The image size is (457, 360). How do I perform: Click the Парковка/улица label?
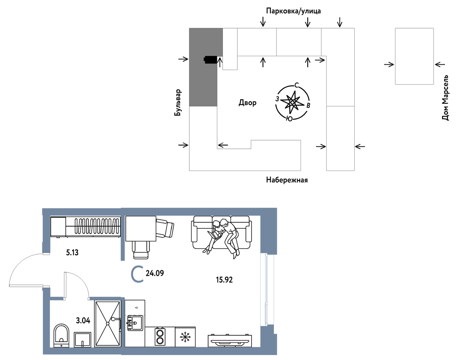pyautogui.click(x=293, y=11)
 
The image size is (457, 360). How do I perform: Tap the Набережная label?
pyautogui.click(x=287, y=180)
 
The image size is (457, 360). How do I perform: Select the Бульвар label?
pyautogui.click(x=177, y=103)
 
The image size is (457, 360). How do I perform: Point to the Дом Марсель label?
pyautogui.click(x=445, y=98)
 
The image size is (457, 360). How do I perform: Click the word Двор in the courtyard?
pyautogui.click(x=248, y=103)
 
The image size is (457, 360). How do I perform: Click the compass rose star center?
pyautogui.click(x=292, y=103)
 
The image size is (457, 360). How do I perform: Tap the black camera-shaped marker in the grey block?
pyautogui.click(x=210, y=60)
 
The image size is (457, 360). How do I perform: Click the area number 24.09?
pyautogui.click(x=154, y=273)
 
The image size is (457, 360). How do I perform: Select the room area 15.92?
pyautogui.click(x=224, y=280)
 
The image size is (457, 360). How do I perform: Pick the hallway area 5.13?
pyautogui.click(x=72, y=253)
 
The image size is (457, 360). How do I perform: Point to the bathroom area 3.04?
pyautogui.click(x=83, y=320)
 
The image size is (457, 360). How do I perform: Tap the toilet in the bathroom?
pyautogui.click(x=61, y=335)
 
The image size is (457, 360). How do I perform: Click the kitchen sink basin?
pyautogui.click(x=135, y=323)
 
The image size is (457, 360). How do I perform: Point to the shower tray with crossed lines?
pyautogui.click(x=108, y=323)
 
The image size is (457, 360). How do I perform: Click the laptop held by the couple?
pyautogui.click(x=214, y=235)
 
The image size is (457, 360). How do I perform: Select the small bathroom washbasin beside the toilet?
pyautogui.click(x=82, y=340)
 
